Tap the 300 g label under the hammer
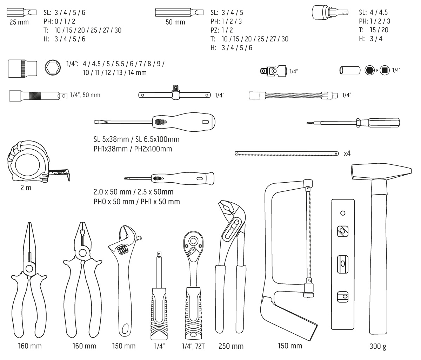[x=378, y=347]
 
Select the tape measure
[x=30, y=162]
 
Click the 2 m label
[x=26, y=188]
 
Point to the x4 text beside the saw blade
[x=347, y=153]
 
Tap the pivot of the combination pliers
[x=83, y=253]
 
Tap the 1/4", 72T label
[x=193, y=346]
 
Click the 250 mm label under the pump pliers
[x=231, y=346]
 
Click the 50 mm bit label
[x=175, y=22]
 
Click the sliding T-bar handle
[x=175, y=95]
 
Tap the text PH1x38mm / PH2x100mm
[x=133, y=149]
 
